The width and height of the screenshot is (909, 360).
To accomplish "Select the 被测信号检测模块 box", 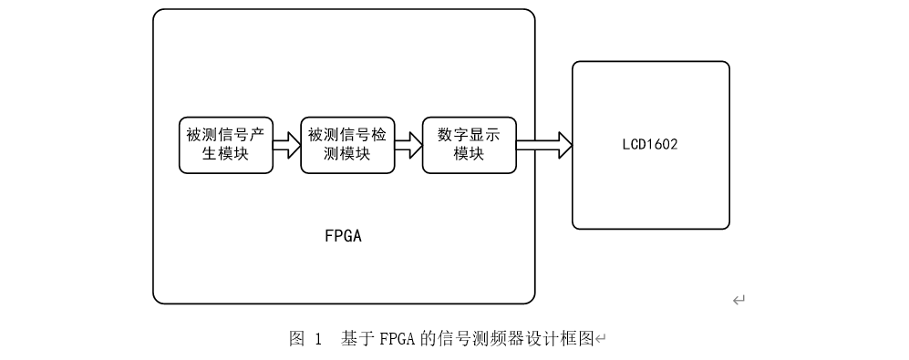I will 347,145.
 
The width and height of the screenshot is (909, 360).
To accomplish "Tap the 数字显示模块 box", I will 469,145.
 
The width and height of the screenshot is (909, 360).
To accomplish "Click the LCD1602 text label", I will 650,145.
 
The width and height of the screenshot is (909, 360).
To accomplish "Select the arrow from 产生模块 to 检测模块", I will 287,145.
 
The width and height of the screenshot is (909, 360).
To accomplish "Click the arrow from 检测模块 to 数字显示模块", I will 408,145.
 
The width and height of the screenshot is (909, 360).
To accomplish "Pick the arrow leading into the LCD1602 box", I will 544,145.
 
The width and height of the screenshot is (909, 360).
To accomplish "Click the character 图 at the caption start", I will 296,339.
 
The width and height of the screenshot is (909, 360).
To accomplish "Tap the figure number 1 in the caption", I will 318,339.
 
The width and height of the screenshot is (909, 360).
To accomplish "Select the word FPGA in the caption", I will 382,339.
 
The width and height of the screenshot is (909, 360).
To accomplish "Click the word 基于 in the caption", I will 352,339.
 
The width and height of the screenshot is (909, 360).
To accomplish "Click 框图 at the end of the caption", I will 576,339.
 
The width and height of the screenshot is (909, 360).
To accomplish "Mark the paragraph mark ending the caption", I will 600,340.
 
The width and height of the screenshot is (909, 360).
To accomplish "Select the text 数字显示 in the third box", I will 469,135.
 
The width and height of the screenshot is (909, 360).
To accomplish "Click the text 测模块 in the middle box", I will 347,154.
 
